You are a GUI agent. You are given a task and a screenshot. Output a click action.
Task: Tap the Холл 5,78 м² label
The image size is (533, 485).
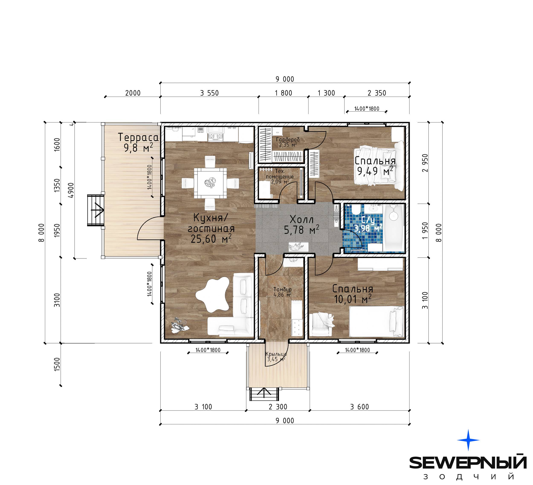[301, 225]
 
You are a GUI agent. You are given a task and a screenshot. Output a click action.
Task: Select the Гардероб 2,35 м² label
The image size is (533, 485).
[288, 142]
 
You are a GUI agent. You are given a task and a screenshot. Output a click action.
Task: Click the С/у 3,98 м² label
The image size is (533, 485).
[368, 224]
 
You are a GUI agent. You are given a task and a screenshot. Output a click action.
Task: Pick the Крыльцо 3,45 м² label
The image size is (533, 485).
[276, 356]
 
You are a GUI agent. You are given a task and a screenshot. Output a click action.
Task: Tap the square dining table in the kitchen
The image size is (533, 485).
[210, 183]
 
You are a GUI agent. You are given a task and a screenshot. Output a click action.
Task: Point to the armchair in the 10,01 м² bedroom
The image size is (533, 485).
[322, 324]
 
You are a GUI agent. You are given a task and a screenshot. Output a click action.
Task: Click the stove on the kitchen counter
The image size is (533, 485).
[216, 133]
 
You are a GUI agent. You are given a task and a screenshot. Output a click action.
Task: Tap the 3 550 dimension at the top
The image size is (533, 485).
[209, 93]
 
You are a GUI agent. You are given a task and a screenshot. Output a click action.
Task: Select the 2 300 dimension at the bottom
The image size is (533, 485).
[278, 407]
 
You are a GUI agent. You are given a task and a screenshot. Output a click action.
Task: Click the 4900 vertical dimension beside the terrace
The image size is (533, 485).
[71, 190]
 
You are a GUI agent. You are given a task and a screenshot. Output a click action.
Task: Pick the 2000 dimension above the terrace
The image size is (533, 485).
[133, 93]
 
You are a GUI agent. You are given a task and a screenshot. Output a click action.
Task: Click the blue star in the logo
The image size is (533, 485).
[468, 440]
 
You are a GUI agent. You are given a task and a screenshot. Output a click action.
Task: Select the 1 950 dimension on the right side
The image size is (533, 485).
[425, 231]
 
